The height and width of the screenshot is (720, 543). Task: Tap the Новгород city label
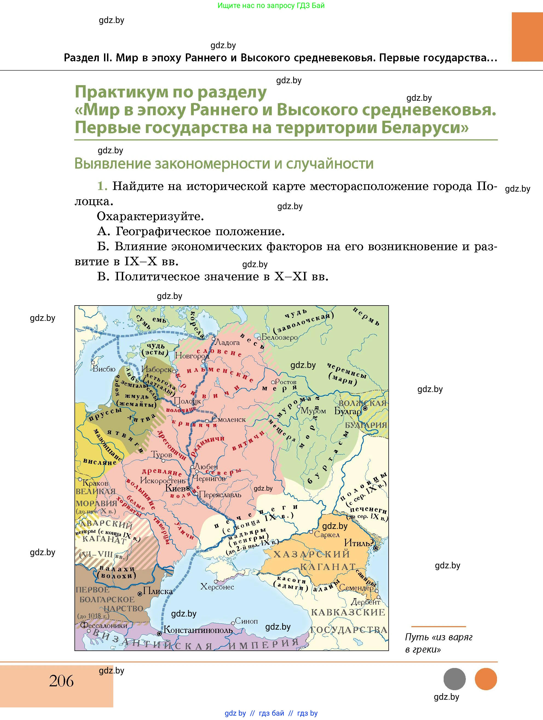pyautogui.click(x=192, y=356)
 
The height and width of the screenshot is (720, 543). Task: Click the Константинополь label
pyautogui.click(x=198, y=630)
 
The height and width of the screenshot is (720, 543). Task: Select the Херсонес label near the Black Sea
pyautogui.click(x=217, y=587)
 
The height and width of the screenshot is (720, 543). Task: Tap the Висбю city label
pyautogui.click(x=104, y=369)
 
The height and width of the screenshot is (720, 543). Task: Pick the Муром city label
pyautogui.click(x=313, y=411)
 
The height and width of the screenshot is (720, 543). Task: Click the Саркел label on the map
pyautogui.click(x=326, y=534)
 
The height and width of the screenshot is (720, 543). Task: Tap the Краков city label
pyautogui.click(x=95, y=483)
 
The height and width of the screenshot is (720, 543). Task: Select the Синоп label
pyautogui.click(x=246, y=621)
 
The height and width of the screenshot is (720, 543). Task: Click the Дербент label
pyautogui.click(x=366, y=602)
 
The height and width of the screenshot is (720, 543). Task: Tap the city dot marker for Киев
pyautogui.click(x=188, y=488)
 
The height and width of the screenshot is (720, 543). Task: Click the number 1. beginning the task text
pyautogui.click(x=102, y=186)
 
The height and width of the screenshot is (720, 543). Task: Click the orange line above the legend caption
pyautogui.click(x=438, y=626)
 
